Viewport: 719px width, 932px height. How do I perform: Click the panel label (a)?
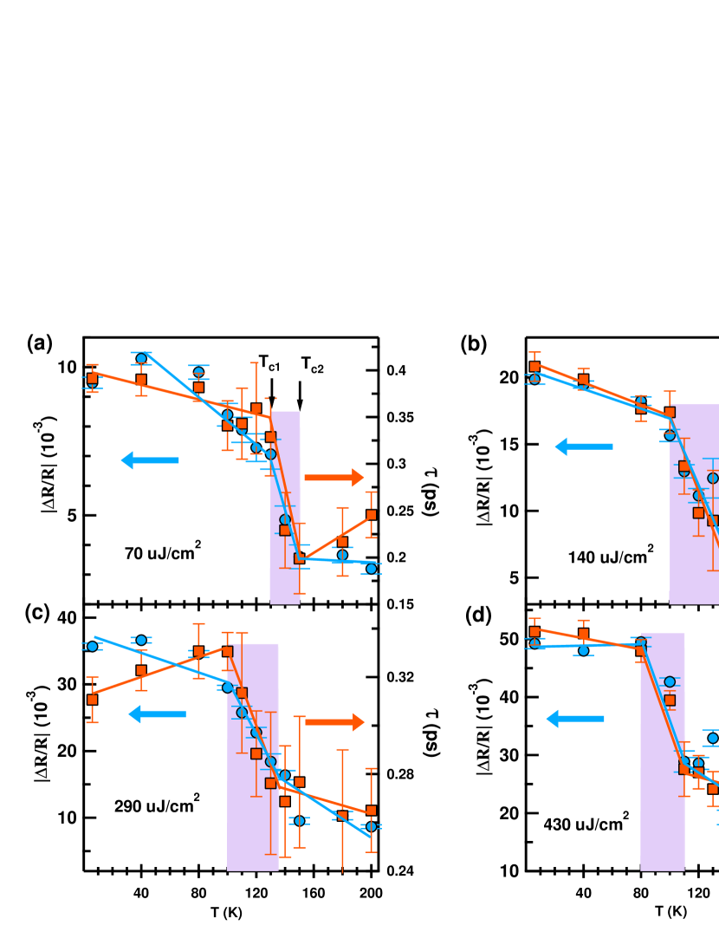40,343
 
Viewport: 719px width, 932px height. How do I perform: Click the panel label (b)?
474,344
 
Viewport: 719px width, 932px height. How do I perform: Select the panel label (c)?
37,612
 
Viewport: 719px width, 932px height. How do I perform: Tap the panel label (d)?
478,616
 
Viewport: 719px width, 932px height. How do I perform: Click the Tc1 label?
269,363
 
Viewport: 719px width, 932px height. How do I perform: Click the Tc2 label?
312,365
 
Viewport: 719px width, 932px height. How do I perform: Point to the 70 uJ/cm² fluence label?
163,551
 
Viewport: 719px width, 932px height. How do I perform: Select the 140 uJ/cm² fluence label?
610,555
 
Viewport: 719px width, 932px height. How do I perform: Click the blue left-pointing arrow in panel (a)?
149,460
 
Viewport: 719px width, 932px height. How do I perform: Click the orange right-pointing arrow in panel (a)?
334,477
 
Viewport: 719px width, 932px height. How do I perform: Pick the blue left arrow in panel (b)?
583,446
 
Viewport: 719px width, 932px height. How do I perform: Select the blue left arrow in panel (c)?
157,714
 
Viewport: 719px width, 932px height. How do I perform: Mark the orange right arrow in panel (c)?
334,721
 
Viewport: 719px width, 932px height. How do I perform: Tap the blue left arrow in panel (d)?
574,718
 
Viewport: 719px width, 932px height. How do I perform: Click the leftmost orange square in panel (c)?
92,700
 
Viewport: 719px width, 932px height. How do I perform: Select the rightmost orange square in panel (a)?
371,514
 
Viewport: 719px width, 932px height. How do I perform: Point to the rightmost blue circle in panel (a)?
371,569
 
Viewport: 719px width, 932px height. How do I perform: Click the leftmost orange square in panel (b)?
534,367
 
